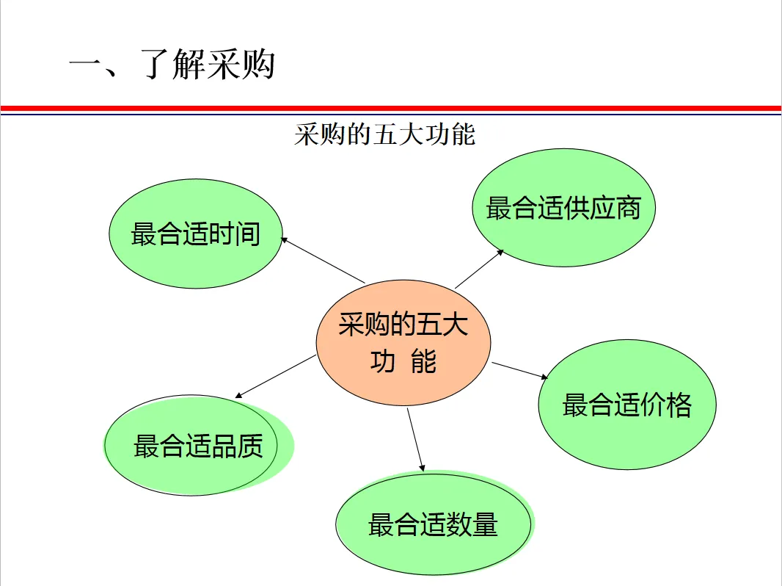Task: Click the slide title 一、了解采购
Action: pos(172,65)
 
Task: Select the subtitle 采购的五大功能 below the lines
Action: pos(384,135)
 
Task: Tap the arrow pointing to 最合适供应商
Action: pos(479,268)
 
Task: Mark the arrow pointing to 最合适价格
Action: pos(520,370)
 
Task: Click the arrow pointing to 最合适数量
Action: pos(416,438)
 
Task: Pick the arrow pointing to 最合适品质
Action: pos(276,376)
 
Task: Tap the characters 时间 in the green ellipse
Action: pos(235,234)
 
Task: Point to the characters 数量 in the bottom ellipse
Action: pos(472,525)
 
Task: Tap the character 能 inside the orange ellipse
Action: pos(423,361)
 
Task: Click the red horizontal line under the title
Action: pos(390,107)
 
